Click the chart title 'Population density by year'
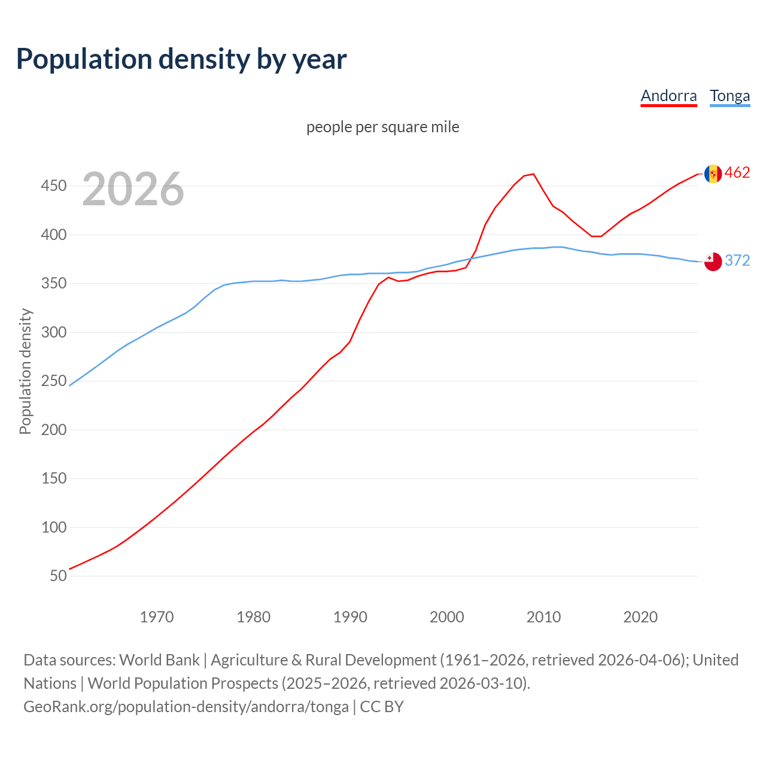pos(181,59)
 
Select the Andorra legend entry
pos(668,96)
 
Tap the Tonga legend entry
pos(729,96)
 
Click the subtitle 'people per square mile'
pos(382,127)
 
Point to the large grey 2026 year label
pos(133,189)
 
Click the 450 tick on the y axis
pos(53,186)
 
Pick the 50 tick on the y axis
pos(58,576)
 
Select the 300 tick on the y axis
pos(53,332)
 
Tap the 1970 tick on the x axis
pos(156,617)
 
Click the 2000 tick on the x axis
pos(446,617)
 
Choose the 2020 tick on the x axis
pos(640,617)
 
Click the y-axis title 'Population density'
pos(25,371)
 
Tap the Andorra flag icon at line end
pos(713,174)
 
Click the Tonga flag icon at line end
pos(713,262)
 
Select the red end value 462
pos(737,173)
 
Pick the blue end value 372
pos(737,260)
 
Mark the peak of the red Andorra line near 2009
pos(533,174)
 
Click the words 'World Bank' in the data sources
pos(159,660)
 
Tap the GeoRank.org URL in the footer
pos(186,707)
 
